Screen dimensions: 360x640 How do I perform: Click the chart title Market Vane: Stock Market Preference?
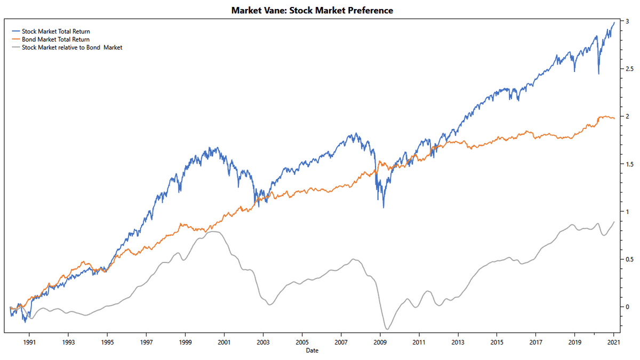(x=312, y=10)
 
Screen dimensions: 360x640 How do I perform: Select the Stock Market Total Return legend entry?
(x=55, y=31)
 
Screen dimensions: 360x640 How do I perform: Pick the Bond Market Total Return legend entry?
(x=55, y=39)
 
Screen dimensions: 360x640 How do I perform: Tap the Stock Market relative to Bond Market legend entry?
(x=71, y=47)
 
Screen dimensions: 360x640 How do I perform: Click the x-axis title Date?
(x=312, y=350)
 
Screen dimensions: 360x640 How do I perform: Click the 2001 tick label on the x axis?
(x=224, y=341)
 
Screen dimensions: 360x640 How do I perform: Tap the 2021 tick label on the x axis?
(x=613, y=341)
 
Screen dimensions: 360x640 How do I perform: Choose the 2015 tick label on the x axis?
(x=497, y=341)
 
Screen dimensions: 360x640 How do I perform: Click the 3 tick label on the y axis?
(x=628, y=21)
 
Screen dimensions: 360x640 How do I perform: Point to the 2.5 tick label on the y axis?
(x=630, y=69)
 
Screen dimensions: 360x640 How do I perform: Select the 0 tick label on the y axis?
(x=628, y=307)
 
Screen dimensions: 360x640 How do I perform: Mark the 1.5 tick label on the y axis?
(x=630, y=164)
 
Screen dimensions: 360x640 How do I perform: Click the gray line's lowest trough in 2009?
(x=386, y=329)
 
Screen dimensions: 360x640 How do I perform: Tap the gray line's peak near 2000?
(x=213, y=231)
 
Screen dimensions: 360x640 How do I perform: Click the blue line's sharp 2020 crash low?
(x=598, y=74)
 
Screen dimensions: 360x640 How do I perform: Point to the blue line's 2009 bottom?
(x=383, y=207)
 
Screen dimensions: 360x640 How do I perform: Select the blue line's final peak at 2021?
(x=614, y=22)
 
